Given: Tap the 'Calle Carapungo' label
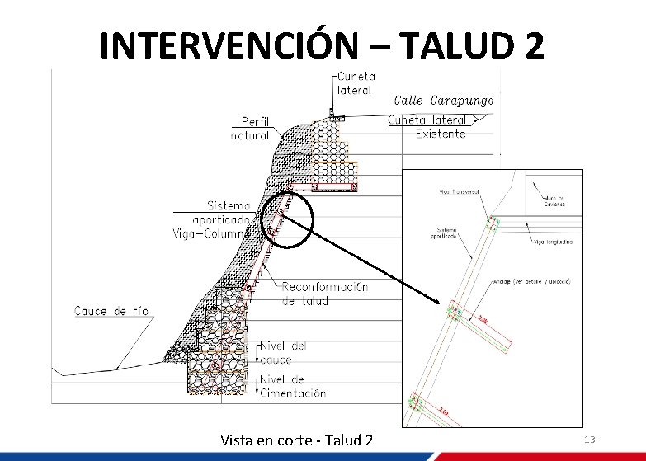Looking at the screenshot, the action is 445,100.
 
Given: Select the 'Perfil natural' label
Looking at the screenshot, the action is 254,129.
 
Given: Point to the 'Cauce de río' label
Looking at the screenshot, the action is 111,311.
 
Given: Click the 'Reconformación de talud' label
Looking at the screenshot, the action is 325,294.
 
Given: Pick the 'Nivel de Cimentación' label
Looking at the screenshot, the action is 293,387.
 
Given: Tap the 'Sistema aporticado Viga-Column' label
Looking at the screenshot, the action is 224,219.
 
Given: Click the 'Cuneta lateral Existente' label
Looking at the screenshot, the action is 439,127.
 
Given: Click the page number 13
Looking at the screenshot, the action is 589,440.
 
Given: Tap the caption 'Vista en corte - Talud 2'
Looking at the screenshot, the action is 297,440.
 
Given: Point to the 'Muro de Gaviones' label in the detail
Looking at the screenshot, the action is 554,200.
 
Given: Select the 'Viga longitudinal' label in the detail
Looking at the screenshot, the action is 554,242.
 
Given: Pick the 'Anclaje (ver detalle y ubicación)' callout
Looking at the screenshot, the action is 533,281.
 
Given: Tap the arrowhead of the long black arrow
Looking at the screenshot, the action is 444,308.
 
